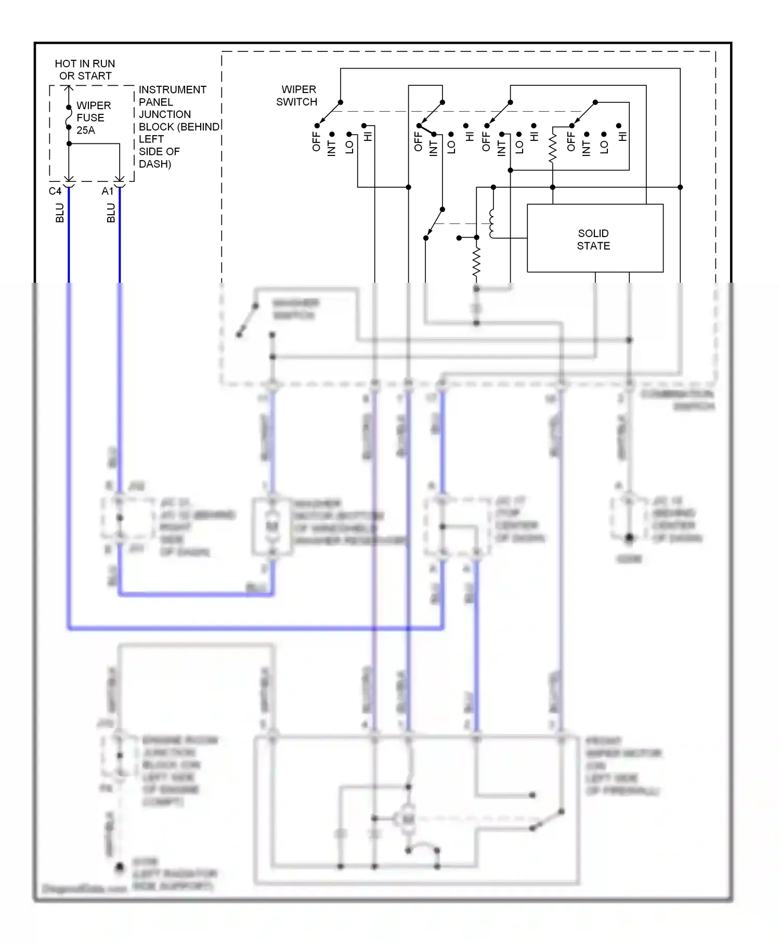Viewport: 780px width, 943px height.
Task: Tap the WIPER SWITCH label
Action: tap(297, 96)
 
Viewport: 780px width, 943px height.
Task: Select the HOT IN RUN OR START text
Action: tap(85, 70)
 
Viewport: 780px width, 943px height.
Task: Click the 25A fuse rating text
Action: tap(86, 130)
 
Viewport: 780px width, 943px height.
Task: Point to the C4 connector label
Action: tap(55, 191)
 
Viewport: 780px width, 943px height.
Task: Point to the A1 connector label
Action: tap(108, 191)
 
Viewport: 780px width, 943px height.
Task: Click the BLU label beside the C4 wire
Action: tap(60, 213)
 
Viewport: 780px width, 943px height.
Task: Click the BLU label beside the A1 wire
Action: tap(111, 213)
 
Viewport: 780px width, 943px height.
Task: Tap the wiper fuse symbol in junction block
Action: tap(69, 117)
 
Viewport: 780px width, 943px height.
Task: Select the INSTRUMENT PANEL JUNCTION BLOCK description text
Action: tap(177, 126)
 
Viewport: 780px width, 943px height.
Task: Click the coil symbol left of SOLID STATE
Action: tap(491, 223)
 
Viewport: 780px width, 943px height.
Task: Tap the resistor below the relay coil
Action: tap(476, 261)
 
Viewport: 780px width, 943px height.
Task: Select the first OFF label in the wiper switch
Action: tap(316, 141)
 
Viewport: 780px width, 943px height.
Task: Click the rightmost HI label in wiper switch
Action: tap(622, 137)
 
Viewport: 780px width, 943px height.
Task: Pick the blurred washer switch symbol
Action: tap(248, 320)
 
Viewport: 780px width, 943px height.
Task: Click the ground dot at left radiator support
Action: tap(120, 867)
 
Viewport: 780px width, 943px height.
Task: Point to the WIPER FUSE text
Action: tap(94, 111)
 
